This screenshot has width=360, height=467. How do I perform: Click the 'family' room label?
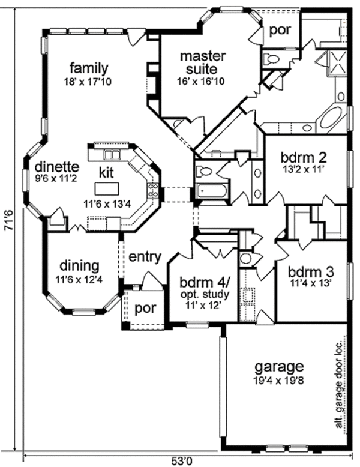[88, 67]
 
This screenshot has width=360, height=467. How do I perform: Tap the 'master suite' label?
[203, 63]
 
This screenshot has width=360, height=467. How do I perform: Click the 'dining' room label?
[79, 265]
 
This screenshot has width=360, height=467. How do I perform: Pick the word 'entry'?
[145, 257]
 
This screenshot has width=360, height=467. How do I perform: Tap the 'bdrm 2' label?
[303, 158]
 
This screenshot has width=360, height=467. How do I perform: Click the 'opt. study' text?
[200, 294]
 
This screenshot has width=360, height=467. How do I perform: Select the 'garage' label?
[279, 366]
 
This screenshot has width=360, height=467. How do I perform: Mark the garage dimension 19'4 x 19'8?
[279, 379]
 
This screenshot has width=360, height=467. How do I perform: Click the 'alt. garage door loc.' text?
[339, 387]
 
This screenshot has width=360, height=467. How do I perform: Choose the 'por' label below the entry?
[145, 309]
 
